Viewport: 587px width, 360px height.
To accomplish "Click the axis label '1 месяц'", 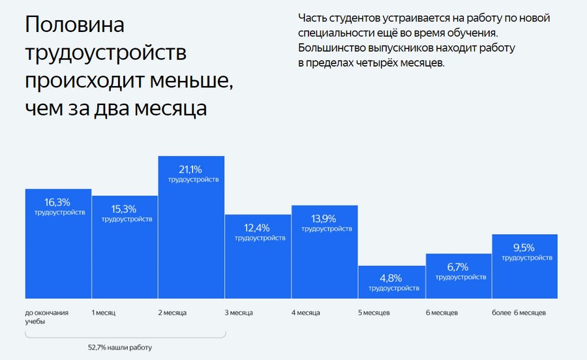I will click(104, 313).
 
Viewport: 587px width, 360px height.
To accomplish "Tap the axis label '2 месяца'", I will click(172, 313).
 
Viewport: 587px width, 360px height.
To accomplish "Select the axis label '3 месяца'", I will click(239, 313).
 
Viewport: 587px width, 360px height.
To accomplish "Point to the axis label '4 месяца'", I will click(305, 313).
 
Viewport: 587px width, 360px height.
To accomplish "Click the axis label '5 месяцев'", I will click(374, 313).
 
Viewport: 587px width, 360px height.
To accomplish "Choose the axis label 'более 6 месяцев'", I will click(519, 313).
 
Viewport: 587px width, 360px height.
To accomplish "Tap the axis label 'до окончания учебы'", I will click(46, 317).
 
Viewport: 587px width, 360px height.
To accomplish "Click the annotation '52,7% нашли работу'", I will click(120, 346).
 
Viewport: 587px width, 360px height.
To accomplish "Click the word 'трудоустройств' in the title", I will click(106, 52).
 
